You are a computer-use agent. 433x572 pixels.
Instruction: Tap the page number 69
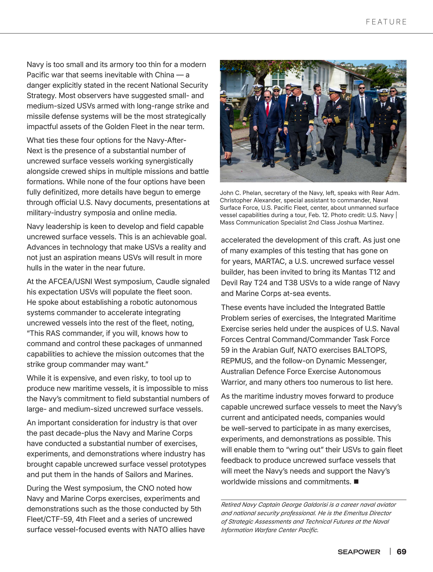pyautogui.click(x=401, y=552)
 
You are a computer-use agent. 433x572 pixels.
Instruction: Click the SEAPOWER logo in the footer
pyautogui.click(x=359, y=552)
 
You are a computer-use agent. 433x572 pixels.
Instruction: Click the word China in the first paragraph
pyautogui.click(x=165, y=75)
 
